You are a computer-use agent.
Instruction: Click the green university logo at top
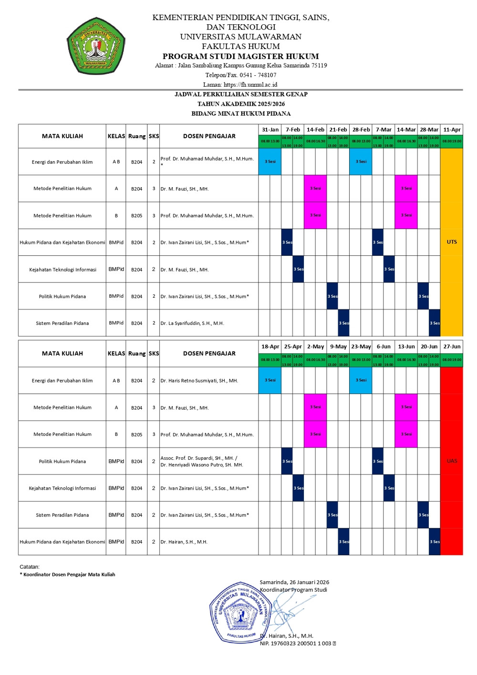[x=96, y=46]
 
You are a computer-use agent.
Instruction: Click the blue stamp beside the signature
[x=238, y=613]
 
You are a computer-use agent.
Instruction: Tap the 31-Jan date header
[x=270, y=130]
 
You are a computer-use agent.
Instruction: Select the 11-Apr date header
[x=452, y=130]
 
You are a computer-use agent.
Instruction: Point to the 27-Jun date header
[x=452, y=346]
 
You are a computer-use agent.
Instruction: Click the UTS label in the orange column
[x=452, y=242]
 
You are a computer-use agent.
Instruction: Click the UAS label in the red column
[x=452, y=461]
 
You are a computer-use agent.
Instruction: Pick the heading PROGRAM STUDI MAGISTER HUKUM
[x=240, y=56]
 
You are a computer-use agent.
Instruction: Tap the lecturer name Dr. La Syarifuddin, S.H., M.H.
[x=192, y=323]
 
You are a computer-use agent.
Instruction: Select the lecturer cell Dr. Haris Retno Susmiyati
[x=199, y=381]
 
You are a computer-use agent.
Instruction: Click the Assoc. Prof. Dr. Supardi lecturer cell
[x=201, y=461]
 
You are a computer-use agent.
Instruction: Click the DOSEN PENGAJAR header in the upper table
[x=209, y=136]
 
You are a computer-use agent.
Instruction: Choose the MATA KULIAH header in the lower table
[x=62, y=353]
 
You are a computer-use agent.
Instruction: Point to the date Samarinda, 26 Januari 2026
[x=294, y=582]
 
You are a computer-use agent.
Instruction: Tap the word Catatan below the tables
[x=30, y=567]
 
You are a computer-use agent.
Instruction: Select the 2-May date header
[x=315, y=346]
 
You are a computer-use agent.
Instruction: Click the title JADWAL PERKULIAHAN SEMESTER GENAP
[x=240, y=94]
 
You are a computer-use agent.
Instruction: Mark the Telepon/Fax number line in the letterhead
[x=240, y=75]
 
